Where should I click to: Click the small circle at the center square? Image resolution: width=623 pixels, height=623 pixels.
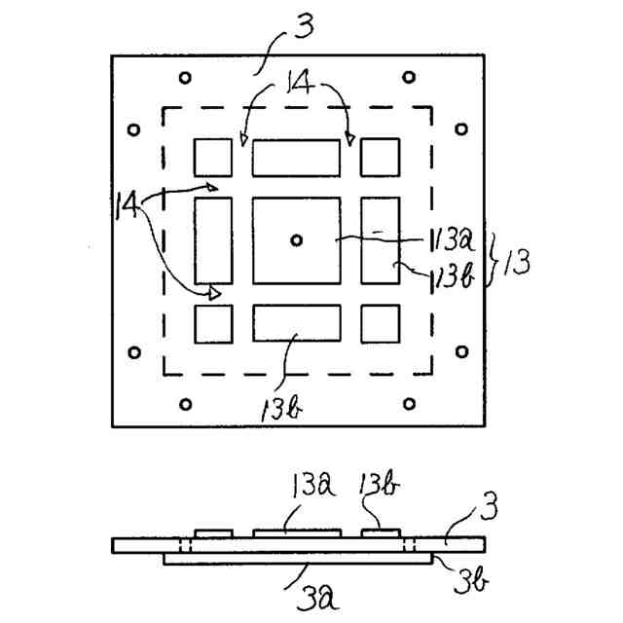[296, 238]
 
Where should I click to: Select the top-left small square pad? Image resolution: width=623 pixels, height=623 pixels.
[213, 157]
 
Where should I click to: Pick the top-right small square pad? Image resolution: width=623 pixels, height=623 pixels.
[380, 157]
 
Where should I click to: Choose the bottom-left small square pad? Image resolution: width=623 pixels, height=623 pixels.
[213, 323]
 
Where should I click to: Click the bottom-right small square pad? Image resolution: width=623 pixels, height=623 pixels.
[380, 323]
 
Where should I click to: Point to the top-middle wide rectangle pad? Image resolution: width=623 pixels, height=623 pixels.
[296, 157]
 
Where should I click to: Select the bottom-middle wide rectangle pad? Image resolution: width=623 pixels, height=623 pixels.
[296, 323]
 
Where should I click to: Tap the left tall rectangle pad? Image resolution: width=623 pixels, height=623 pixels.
[213, 239]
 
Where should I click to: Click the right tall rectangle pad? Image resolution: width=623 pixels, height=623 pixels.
[380, 239]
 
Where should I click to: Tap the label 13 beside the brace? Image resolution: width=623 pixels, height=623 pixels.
[518, 262]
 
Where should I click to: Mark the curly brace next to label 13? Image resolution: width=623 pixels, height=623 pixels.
[494, 259]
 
